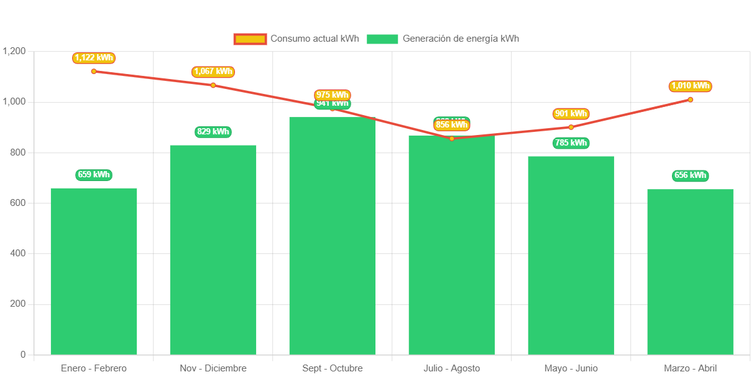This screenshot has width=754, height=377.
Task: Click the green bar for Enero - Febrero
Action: point(94,271)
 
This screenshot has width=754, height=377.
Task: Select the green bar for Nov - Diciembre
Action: point(213,249)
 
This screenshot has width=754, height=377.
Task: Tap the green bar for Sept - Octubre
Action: point(333,236)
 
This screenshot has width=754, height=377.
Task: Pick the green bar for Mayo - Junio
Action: point(571,255)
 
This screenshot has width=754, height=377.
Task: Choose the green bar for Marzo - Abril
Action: point(690,272)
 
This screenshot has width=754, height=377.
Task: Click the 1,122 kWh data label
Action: point(94,58)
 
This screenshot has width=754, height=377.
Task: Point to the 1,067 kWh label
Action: point(213,72)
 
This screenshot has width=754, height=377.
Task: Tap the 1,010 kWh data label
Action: point(690,86)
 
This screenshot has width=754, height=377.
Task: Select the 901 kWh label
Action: point(571,114)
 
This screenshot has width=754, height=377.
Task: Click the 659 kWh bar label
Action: point(94,175)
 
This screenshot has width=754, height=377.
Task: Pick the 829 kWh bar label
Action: point(213,132)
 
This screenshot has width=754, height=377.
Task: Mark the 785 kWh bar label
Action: point(571,143)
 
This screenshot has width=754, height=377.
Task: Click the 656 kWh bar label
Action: point(690,175)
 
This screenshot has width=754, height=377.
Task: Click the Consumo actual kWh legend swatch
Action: point(250,39)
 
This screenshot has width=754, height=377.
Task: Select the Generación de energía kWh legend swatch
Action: point(382,39)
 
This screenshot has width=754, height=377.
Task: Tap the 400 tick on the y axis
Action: point(17,253)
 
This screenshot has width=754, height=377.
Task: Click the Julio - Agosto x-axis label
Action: point(451,368)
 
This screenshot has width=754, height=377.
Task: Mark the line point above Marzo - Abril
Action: point(690,100)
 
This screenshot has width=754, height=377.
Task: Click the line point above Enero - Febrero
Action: point(94,72)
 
